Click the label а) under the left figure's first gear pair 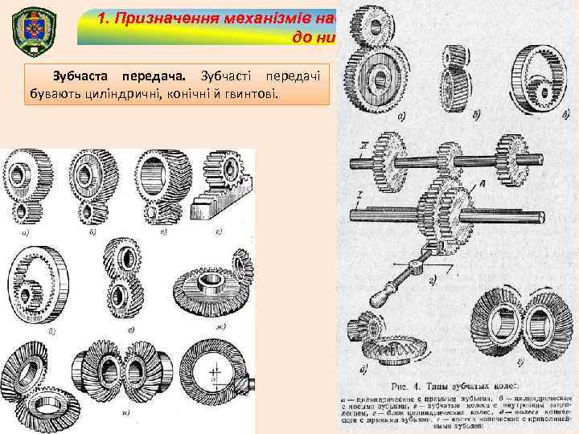pyautogui.click(x=27, y=235)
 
